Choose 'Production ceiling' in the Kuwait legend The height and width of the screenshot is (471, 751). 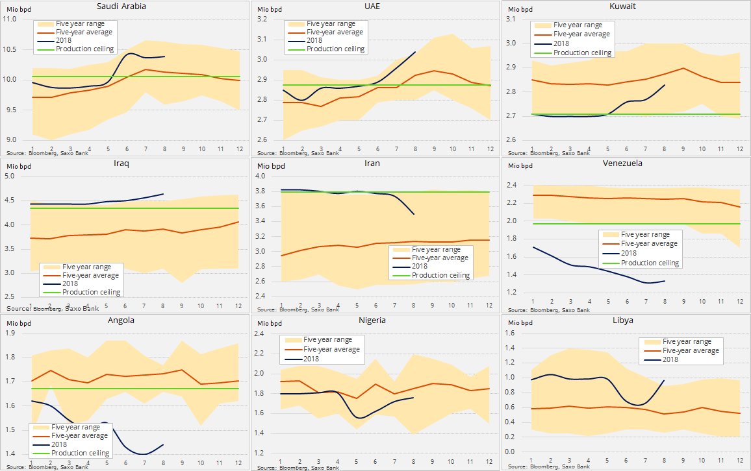(x=581, y=53)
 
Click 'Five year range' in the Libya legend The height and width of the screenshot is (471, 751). (x=687, y=341)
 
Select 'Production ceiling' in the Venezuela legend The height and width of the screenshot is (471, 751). (x=650, y=263)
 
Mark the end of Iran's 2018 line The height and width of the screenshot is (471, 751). (x=414, y=214)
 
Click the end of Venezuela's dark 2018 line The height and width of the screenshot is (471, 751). (x=665, y=281)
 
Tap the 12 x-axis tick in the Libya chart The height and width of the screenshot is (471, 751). (x=739, y=461)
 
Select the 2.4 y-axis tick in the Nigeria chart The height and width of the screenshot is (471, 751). (x=266, y=334)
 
